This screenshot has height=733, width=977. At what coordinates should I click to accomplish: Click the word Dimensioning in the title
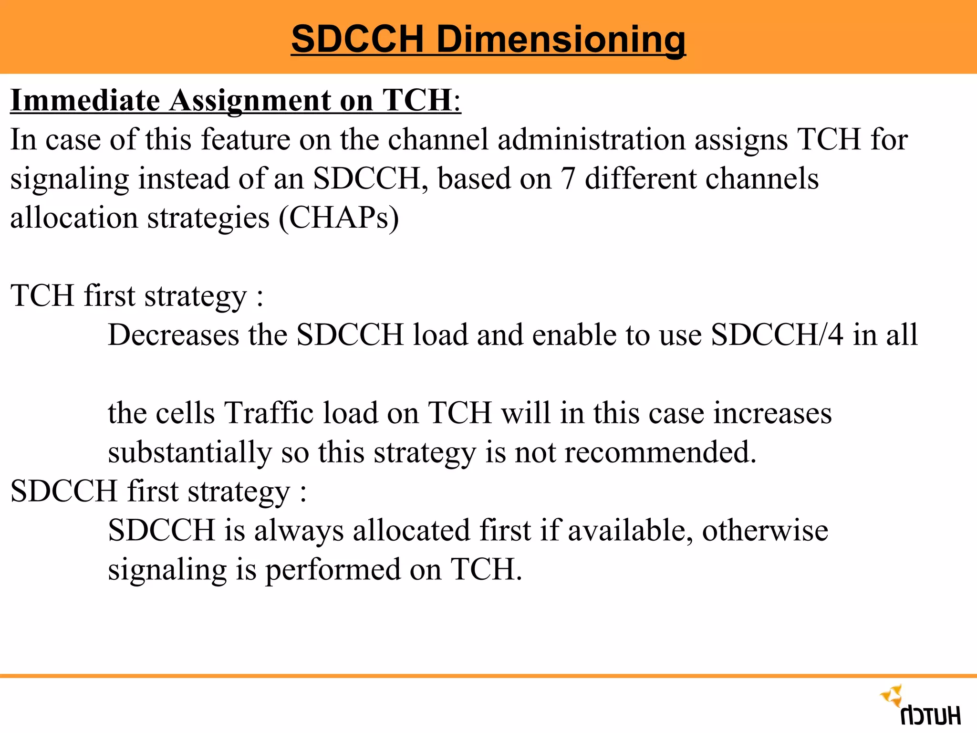tap(561, 39)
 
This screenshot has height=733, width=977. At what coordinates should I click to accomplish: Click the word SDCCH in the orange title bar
tap(357, 39)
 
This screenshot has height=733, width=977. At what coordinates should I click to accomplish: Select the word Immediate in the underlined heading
tap(85, 101)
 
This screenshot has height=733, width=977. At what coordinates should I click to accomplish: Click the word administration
tap(591, 140)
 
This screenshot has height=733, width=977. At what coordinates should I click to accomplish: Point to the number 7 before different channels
tap(567, 179)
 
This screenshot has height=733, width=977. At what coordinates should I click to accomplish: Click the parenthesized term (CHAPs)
tap(339, 218)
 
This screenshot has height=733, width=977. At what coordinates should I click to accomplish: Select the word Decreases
tap(174, 335)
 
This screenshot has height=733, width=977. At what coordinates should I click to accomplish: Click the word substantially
tap(189, 453)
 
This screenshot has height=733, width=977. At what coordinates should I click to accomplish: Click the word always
tap(299, 531)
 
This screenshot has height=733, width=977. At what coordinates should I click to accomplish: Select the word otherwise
tap(765, 531)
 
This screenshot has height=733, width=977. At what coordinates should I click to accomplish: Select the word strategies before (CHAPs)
tap(208, 219)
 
